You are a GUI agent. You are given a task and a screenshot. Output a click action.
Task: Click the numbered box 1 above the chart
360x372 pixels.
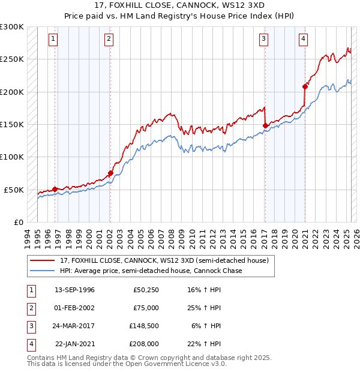pos(53,40)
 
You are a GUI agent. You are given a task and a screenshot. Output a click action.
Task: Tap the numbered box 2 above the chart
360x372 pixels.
pos(109,40)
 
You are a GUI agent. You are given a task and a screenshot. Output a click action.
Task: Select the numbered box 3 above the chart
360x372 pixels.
pos(263,40)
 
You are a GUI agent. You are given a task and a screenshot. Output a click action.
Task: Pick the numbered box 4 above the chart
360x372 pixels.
pos(304,40)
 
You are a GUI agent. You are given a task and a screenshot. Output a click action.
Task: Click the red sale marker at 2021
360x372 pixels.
pos(305,86)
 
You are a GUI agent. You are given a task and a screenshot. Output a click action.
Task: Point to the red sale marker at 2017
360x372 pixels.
pos(265,125)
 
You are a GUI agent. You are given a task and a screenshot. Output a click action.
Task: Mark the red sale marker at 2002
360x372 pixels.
pos(110,173)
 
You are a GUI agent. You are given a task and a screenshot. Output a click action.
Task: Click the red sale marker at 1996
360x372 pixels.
pos(55,189)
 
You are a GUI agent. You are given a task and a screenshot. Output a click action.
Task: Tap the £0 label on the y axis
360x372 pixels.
pos(17,222)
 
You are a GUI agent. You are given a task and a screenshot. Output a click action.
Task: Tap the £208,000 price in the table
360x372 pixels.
pos(145,344)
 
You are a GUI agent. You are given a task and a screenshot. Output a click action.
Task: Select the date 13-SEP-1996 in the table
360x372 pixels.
pos(74,290)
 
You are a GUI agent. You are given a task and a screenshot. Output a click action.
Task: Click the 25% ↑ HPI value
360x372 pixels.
pos(208,308)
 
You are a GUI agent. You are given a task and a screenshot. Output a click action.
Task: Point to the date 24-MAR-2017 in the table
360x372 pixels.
pos(74,326)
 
